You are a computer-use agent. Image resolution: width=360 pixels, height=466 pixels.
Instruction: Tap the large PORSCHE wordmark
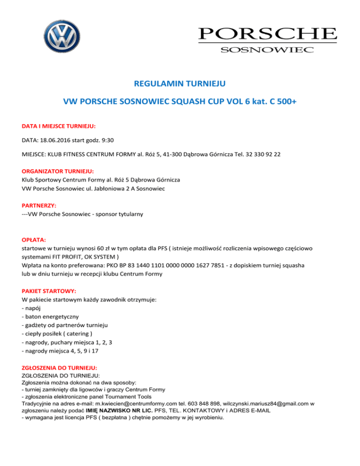(x=267, y=34)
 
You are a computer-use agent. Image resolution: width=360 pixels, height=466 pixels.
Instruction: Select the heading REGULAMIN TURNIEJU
(x=180, y=84)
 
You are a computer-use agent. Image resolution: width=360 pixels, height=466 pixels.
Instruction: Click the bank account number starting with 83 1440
(x=177, y=265)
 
